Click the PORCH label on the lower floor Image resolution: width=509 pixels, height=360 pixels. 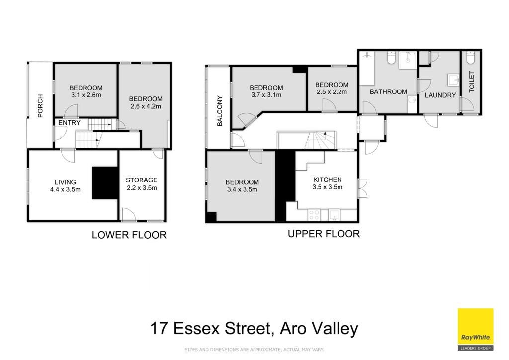pos(40,106)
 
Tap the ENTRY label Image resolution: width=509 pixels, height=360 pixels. pos(69,123)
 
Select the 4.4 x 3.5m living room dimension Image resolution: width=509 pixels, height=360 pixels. pos(65,189)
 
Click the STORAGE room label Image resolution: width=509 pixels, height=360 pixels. pos(142,180)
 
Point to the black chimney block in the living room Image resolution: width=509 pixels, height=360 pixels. pos(105,183)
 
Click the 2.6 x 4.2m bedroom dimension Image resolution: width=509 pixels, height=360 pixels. pos(146,106)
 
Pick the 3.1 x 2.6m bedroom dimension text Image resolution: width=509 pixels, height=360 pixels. pos(86,95)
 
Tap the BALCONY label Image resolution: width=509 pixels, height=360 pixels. pos(220,111)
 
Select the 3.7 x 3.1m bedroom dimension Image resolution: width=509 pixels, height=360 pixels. pos(266,95)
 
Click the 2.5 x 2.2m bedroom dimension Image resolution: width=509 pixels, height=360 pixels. pos(332,92)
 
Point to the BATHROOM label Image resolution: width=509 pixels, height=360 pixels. pos(388,92)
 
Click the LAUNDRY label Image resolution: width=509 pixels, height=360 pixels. pos(440,95)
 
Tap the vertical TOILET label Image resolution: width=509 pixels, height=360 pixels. pos(472,82)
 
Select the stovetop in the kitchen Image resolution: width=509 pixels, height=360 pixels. pos(314,215)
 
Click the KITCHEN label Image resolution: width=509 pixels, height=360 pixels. pos(327,180)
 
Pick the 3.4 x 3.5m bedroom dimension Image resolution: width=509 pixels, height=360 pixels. pos(242,189)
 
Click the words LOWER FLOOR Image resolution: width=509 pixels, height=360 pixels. pos(129,235)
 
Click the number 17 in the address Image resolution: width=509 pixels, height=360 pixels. pos(160,328)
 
